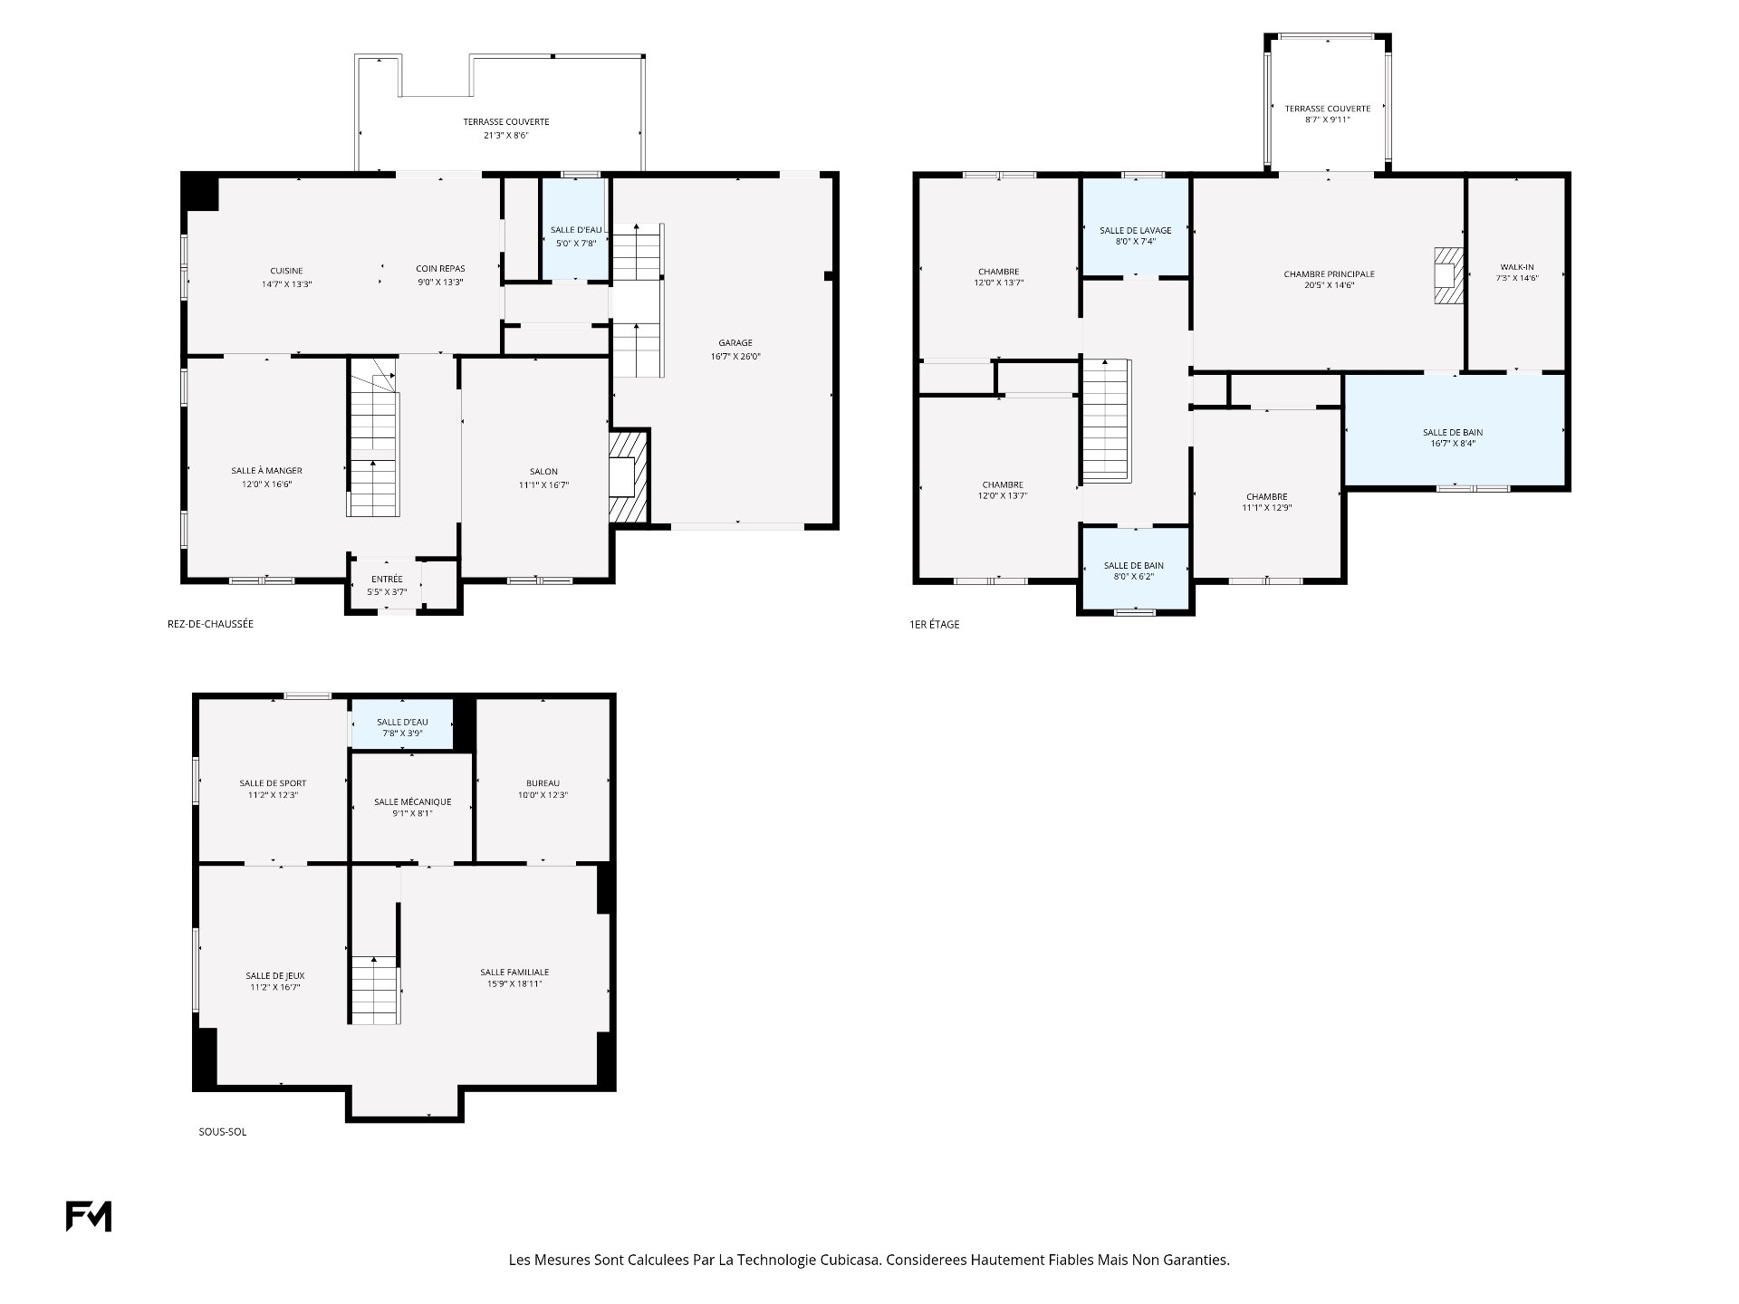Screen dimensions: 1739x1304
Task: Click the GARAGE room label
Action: (x=735, y=343)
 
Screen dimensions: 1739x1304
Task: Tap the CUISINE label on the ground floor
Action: (x=286, y=271)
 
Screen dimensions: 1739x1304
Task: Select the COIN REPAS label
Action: (x=440, y=269)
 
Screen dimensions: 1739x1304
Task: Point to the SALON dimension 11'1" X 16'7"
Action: (x=543, y=485)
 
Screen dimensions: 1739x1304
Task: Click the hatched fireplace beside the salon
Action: (x=628, y=476)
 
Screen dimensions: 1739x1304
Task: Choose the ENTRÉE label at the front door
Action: (x=387, y=580)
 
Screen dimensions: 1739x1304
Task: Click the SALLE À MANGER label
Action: (x=266, y=471)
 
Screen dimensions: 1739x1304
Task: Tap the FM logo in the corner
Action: (x=89, y=1216)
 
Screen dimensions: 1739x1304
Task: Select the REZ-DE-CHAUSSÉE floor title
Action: (x=210, y=624)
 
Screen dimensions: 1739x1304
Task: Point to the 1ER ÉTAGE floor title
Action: (x=934, y=624)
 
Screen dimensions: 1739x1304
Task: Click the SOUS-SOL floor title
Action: (x=223, y=1132)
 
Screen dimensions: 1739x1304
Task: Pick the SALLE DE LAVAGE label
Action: (x=1136, y=231)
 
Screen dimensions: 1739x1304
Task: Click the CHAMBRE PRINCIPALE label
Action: (x=1329, y=274)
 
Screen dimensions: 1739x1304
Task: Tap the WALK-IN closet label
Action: (x=1517, y=267)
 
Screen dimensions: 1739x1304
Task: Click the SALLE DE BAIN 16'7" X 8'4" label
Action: (x=1453, y=437)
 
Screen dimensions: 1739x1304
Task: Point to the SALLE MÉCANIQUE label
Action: (x=412, y=802)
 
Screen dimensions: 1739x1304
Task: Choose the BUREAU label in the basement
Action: (x=543, y=783)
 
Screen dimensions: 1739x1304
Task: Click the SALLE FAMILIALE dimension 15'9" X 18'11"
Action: (x=514, y=983)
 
